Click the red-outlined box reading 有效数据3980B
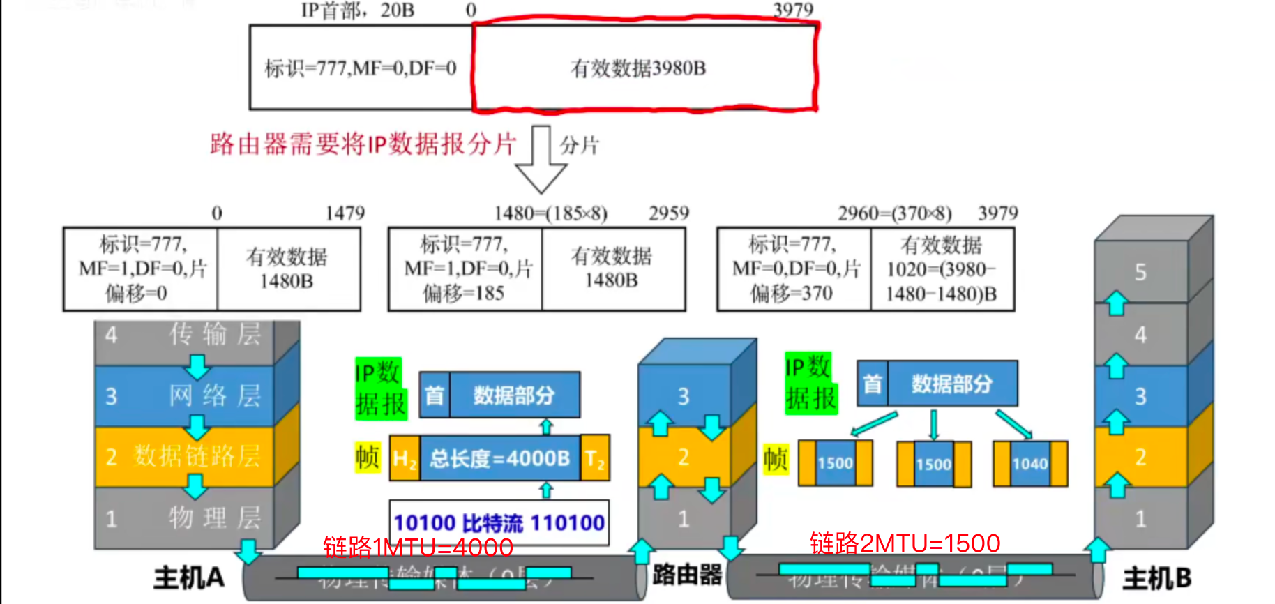(x=644, y=68)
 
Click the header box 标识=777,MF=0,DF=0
(x=361, y=68)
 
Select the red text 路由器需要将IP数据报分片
(x=363, y=144)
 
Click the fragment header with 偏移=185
(x=465, y=269)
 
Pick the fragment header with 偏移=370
(x=794, y=269)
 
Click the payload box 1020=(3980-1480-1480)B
(x=942, y=269)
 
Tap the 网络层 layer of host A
(x=186, y=395)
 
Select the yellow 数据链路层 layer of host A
(x=186, y=456)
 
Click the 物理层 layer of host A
(x=186, y=518)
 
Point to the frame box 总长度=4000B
(x=499, y=458)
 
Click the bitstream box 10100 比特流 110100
(x=499, y=523)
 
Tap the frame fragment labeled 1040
(x=1030, y=463)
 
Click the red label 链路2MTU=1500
(x=905, y=543)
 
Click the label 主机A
(x=189, y=577)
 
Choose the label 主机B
(x=1156, y=578)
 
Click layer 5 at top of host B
(x=1141, y=272)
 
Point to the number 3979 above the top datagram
(x=793, y=10)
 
